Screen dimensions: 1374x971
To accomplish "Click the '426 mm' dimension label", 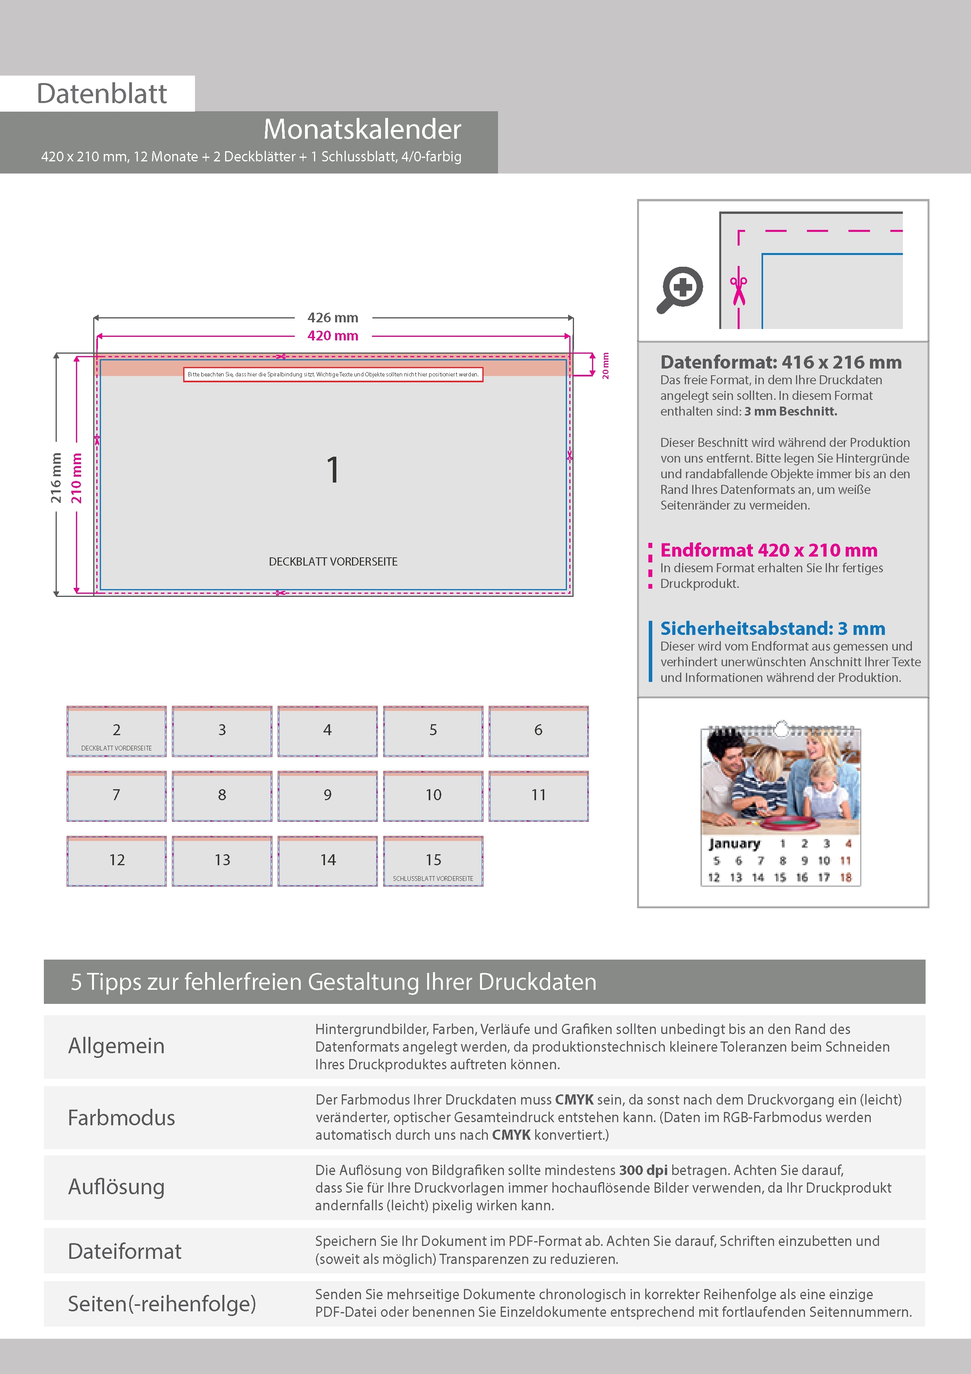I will (333, 318).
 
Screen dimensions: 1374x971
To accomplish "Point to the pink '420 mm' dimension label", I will (333, 336).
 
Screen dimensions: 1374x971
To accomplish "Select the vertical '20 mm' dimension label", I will (605, 366).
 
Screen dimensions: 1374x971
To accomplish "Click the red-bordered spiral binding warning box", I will (333, 374).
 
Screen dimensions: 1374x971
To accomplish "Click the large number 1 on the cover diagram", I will (333, 470).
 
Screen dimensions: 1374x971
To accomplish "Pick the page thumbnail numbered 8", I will (222, 796).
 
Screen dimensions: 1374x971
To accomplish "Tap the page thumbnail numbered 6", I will (538, 731).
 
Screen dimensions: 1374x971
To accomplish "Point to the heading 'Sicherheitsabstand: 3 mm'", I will (772, 628).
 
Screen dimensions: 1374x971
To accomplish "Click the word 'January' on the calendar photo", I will (734, 844).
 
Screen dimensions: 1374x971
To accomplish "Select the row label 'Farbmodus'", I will (121, 1118).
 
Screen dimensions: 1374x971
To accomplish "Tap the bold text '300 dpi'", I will (643, 1170).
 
